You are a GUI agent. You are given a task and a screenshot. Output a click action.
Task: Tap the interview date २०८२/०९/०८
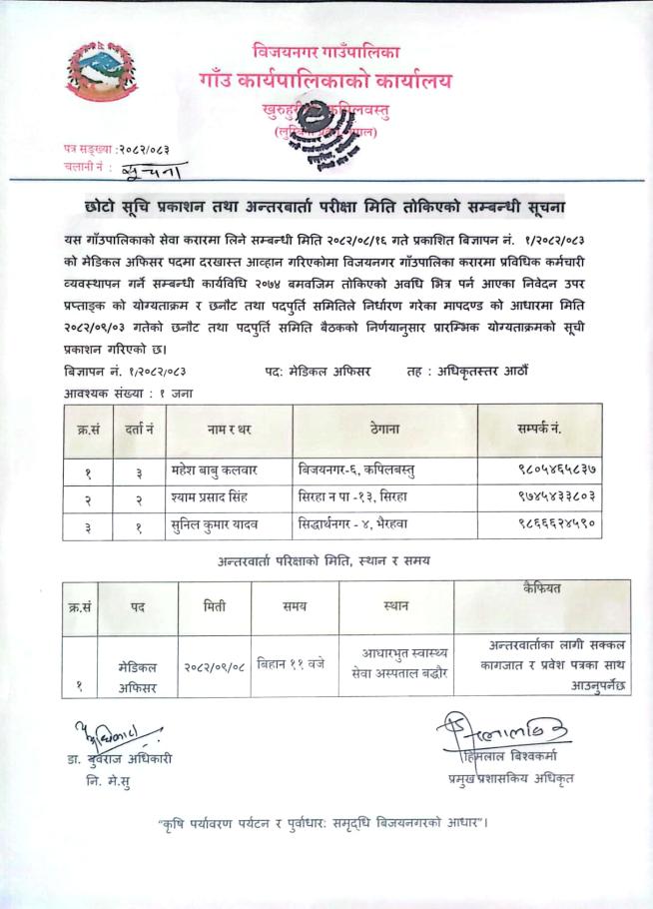(x=215, y=664)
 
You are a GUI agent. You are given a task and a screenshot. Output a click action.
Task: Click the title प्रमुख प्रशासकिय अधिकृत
(x=511, y=778)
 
